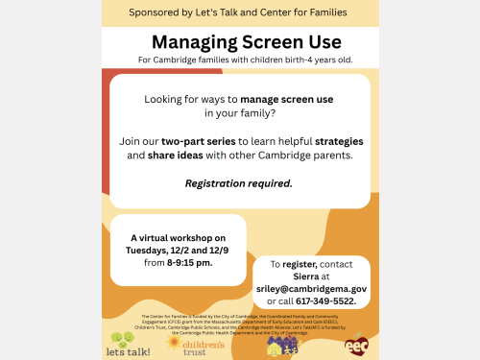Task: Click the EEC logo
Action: tap(356, 341)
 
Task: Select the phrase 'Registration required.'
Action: tap(238, 182)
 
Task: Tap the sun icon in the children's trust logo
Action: tap(174, 341)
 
